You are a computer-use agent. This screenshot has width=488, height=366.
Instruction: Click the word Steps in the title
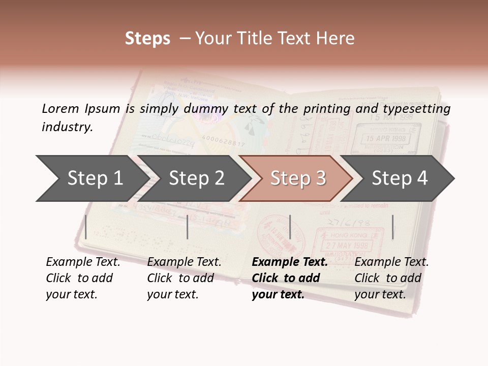coord(147,39)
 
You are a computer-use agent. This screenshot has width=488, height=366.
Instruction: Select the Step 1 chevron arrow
coord(91,178)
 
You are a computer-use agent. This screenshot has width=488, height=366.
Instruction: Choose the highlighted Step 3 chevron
coord(297,178)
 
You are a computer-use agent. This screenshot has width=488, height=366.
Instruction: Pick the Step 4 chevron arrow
coord(399,178)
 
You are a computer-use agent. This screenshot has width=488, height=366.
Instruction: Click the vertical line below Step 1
coord(86,227)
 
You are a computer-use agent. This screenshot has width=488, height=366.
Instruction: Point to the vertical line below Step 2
coord(188,227)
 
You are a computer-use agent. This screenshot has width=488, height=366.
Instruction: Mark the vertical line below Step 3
coord(290,227)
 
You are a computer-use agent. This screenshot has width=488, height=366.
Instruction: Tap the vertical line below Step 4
coord(393,227)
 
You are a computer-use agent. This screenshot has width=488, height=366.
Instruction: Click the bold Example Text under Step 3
coord(290,262)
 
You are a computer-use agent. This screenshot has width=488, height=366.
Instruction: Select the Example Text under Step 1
coord(83,262)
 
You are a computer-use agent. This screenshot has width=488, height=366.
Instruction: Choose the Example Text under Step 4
coord(391,262)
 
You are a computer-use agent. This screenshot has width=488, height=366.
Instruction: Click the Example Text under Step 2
coord(184,262)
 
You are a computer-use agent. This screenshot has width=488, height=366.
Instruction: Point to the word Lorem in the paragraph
coord(60,108)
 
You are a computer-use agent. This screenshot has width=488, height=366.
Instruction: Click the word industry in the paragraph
coord(67,127)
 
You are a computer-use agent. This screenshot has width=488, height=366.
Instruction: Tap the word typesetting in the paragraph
coord(416,109)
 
